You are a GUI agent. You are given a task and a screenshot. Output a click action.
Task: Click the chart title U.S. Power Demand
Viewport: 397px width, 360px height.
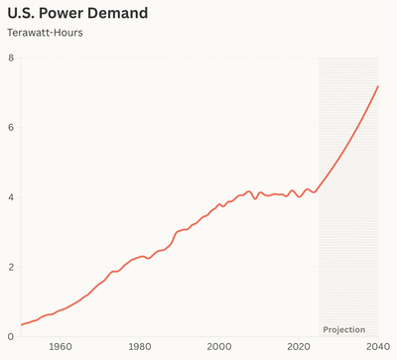(77, 14)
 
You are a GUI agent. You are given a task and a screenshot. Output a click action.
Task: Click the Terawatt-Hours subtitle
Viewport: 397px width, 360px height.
(45, 34)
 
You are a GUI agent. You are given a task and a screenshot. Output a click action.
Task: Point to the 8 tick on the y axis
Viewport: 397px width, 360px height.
(11, 59)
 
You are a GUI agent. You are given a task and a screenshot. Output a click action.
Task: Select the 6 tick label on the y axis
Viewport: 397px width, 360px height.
(11, 128)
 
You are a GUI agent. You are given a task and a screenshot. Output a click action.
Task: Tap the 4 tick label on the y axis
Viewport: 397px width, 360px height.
(11, 197)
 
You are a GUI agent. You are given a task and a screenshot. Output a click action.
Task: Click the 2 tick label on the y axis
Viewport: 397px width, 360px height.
(11, 267)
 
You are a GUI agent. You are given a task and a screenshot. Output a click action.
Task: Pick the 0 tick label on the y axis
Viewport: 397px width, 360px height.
(11, 336)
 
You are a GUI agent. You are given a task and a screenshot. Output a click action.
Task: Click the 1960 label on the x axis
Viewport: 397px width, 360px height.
(61, 347)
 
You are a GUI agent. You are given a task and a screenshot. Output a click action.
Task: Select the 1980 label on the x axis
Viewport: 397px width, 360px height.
(140, 347)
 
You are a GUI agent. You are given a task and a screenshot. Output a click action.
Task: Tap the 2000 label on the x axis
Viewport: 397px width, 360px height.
(219, 347)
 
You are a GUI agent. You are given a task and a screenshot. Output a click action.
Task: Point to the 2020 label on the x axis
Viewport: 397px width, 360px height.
(299, 347)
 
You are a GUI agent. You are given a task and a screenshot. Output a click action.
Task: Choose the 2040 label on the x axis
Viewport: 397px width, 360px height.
(377, 347)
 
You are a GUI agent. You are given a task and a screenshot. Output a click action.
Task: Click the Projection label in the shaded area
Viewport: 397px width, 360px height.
(344, 329)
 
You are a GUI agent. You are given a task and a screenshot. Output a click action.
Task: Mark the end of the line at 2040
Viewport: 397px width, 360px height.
(378, 86)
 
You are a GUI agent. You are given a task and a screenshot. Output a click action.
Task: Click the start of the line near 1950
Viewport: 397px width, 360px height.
(21, 324)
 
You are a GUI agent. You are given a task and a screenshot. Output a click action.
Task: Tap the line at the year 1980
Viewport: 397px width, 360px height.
(140, 257)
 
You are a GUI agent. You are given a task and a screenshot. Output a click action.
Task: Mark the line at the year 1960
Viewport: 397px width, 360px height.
(61, 310)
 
